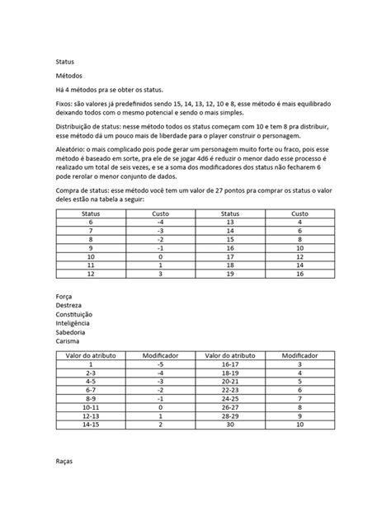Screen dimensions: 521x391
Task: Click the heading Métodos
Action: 69,75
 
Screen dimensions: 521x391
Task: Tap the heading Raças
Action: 65,462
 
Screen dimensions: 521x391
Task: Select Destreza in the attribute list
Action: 69,305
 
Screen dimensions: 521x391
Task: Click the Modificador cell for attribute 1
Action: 161,363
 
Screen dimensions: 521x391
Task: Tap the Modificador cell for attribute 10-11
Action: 161,406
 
